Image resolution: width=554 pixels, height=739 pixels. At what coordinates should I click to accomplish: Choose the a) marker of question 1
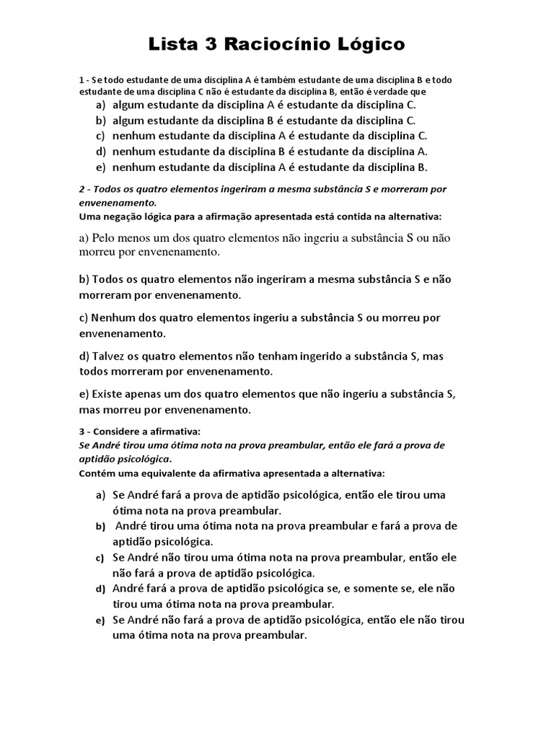click(x=100, y=105)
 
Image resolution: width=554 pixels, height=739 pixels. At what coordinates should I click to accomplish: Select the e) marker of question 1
click(x=100, y=167)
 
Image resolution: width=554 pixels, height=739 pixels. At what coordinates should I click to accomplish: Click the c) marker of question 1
click(x=100, y=136)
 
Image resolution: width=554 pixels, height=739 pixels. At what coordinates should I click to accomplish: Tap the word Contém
click(x=96, y=473)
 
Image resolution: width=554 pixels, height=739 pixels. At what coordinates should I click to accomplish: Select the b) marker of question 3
click(x=100, y=527)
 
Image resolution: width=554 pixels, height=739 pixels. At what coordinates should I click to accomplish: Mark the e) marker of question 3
click(x=100, y=621)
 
